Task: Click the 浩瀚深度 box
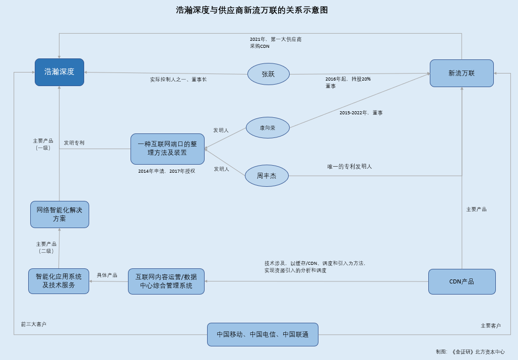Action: click(59, 72)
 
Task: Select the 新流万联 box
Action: click(462, 73)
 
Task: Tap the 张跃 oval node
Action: click(268, 74)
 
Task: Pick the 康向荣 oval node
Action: click(268, 128)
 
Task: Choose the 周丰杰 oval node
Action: click(267, 176)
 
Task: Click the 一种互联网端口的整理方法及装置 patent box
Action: click(167, 149)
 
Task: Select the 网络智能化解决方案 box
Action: click(59, 214)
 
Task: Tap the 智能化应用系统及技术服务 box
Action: click(58, 281)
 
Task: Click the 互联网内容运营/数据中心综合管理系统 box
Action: click(166, 281)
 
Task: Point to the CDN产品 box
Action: click(462, 281)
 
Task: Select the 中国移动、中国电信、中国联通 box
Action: click(263, 334)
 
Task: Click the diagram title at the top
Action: click(252, 10)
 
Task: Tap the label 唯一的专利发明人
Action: click(350, 167)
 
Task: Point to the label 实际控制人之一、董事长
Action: click(178, 80)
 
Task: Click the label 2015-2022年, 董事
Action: click(361, 113)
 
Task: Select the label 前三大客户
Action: click(34, 324)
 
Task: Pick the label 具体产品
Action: click(107, 275)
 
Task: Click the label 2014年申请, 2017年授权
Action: click(167, 171)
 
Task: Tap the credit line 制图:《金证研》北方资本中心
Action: click(470, 352)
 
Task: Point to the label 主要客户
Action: click(491, 326)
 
